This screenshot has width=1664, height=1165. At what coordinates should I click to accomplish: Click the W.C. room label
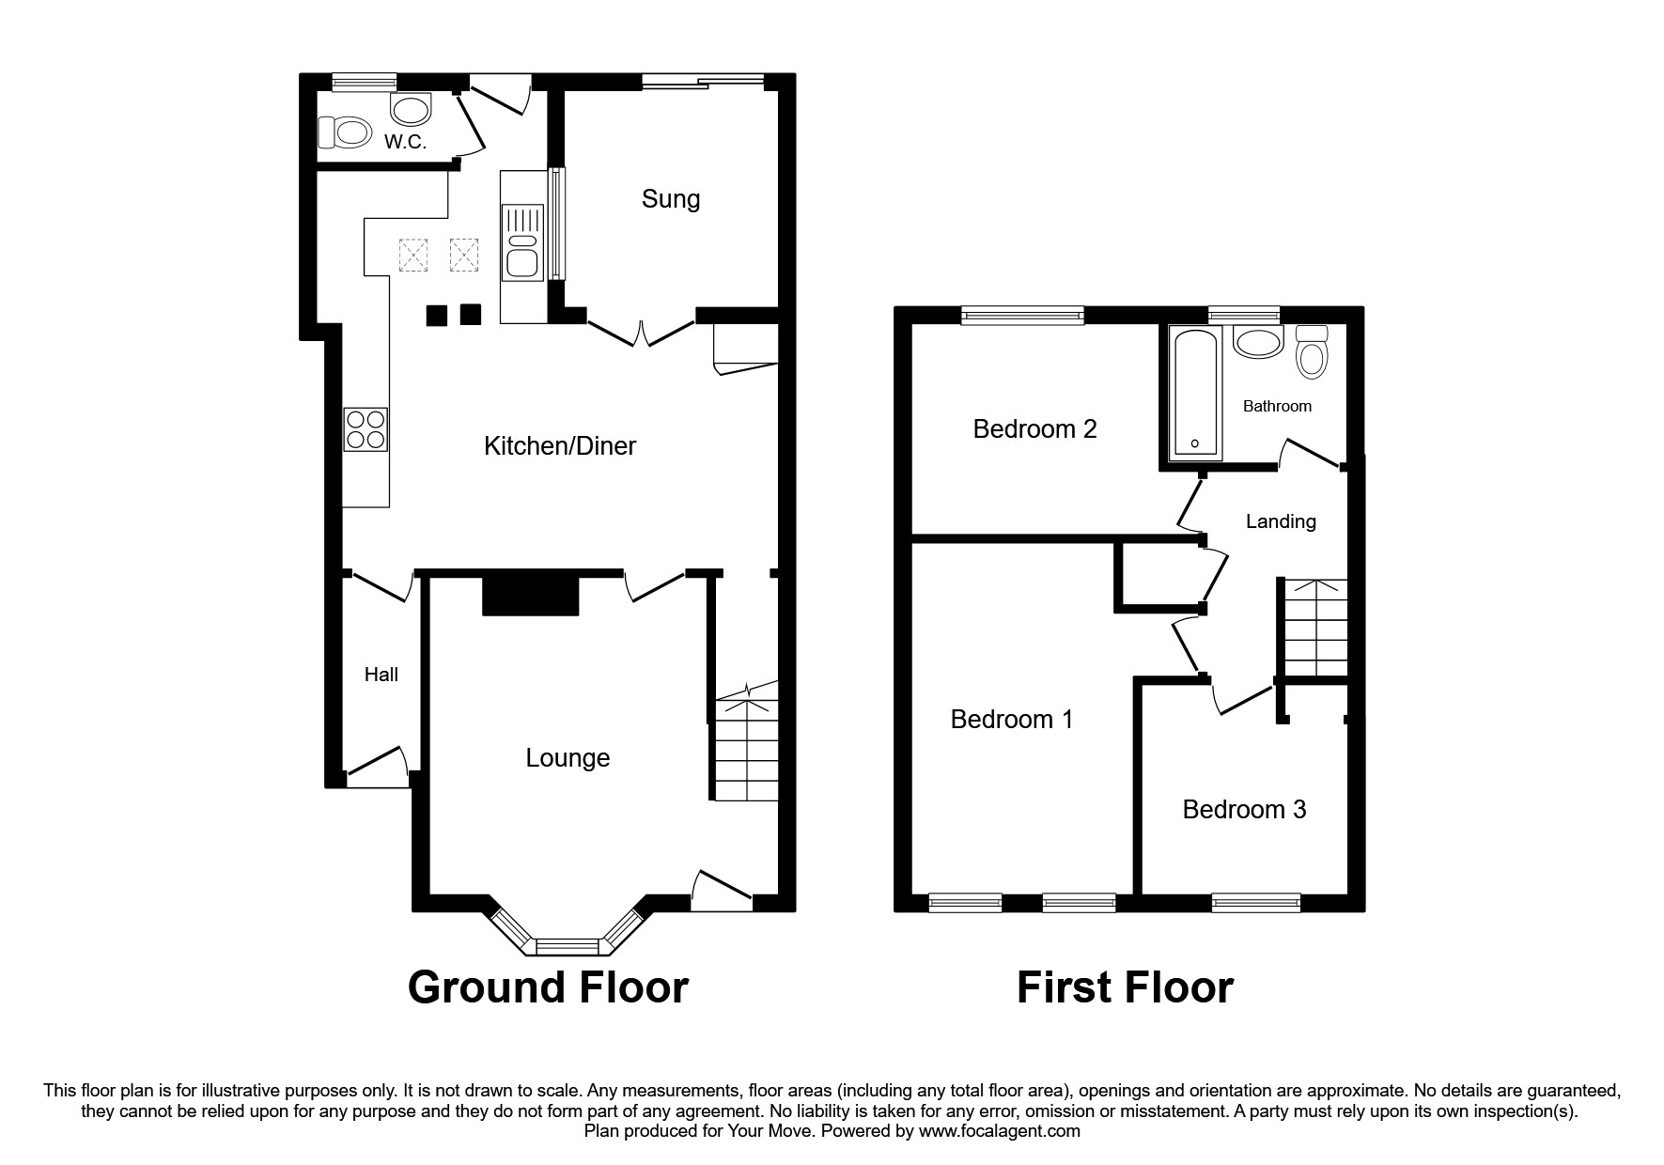tap(405, 143)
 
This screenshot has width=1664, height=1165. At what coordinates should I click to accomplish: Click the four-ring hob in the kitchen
tap(365, 429)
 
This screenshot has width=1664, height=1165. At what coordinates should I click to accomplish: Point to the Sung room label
tap(671, 199)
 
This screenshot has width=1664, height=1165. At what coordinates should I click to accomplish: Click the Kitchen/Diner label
tap(559, 445)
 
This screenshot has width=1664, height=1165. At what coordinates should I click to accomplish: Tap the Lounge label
tap(568, 758)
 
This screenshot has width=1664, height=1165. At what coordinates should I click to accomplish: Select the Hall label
tap(381, 675)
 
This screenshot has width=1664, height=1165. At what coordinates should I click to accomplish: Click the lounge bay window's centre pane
tap(567, 945)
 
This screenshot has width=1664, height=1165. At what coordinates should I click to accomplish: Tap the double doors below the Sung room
tap(641, 332)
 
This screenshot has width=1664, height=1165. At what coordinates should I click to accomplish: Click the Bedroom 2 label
tap(1034, 429)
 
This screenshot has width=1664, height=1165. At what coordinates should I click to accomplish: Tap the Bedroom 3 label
tap(1244, 810)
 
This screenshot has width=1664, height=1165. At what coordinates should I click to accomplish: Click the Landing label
tap(1281, 521)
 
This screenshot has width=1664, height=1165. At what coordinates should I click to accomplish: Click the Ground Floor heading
tap(548, 988)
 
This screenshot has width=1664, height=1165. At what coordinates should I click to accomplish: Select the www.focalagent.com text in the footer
tap(1000, 1131)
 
